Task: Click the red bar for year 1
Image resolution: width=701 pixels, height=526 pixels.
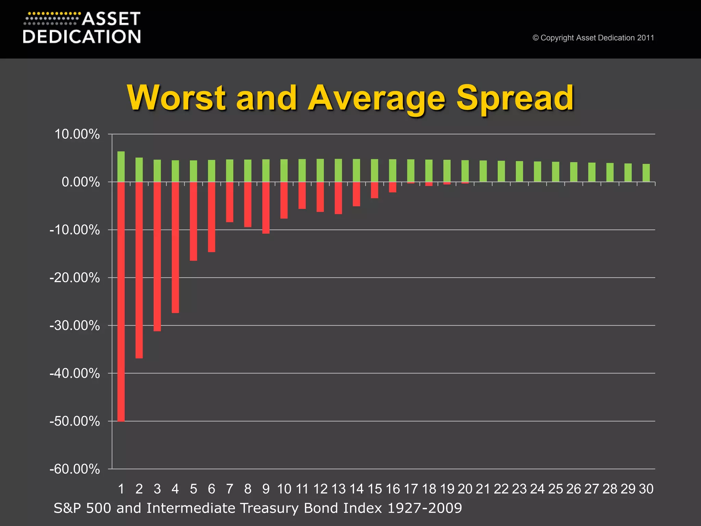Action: click(x=121, y=301)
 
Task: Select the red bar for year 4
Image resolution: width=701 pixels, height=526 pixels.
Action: click(x=175, y=247)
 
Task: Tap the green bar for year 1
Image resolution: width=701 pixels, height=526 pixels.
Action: click(x=121, y=166)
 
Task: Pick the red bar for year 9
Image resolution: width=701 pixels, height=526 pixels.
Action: click(x=266, y=208)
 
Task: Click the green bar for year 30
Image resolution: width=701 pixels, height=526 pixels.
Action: click(x=646, y=173)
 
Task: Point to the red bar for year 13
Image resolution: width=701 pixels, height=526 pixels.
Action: click(x=338, y=198)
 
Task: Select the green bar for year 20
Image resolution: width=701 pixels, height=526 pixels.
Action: click(x=465, y=171)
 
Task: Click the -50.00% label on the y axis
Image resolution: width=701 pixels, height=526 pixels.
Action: click(x=75, y=421)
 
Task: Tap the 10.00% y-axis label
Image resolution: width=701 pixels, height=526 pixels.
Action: click(x=77, y=134)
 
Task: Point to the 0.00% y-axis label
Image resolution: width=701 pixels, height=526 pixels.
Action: click(x=81, y=182)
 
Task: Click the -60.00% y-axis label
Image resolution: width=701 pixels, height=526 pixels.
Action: click(x=75, y=469)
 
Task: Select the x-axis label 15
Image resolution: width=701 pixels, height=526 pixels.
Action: click(x=374, y=489)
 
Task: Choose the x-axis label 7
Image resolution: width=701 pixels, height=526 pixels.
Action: click(x=230, y=489)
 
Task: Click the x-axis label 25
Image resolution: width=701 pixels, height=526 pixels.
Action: click(x=556, y=489)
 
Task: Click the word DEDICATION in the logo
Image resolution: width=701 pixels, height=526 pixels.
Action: click(x=82, y=37)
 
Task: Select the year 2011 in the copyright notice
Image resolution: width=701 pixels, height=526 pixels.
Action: click(x=646, y=38)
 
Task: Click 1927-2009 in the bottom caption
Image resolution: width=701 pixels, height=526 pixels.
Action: click(x=424, y=508)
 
